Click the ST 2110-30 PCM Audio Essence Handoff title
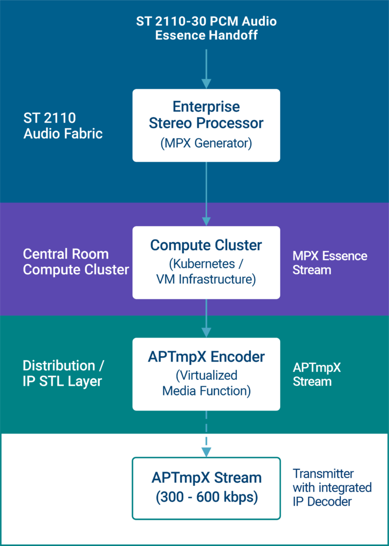(206, 28)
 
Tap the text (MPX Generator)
(206, 143)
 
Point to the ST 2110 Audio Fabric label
(63, 125)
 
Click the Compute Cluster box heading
(206, 245)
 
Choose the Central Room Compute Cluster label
(76, 261)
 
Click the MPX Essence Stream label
(330, 263)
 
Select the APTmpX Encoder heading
(206, 357)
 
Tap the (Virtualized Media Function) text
(206, 383)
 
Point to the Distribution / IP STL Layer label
(64, 373)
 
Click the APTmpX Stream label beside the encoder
(317, 375)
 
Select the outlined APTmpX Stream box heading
(206, 477)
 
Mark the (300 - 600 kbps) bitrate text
(206, 497)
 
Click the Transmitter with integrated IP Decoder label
(332, 488)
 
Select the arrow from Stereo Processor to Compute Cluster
(206, 193)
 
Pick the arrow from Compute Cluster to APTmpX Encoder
(206, 317)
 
